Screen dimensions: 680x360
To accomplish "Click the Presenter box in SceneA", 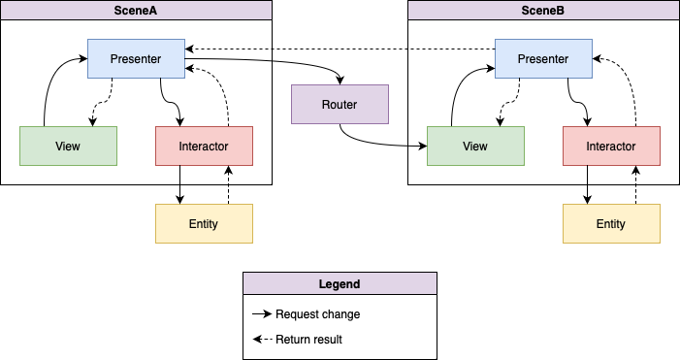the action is [x=136, y=59].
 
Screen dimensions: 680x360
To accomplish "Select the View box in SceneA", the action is [x=69, y=147].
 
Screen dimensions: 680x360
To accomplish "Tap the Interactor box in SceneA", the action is [x=205, y=147].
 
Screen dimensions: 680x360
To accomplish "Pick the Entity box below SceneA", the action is [x=205, y=224].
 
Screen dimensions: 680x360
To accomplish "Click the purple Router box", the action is [x=340, y=105].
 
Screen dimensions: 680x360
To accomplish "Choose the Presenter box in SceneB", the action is [x=544, y=59].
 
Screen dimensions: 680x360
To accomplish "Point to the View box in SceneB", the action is [x=475, y=147].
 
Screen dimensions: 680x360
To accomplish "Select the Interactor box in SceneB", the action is [x=611, y=147].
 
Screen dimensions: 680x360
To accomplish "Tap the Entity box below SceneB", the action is [x=611, y=224].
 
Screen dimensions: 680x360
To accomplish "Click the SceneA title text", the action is [x=135, y=11].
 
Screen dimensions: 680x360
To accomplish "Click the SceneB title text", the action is [x=543, y=11].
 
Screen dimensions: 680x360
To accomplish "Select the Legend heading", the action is [x=340, y=284].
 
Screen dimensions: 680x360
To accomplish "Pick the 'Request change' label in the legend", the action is [x=318, y=314].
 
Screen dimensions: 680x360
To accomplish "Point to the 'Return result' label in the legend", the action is [x=308, y=340].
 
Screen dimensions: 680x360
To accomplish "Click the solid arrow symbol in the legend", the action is [x=262, y=313].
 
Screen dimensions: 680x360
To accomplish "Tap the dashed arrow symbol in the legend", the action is [x=262, y=340].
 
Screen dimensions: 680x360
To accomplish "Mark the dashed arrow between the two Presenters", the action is [x=340, y=49].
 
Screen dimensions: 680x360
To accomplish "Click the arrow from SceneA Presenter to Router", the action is [x=277, y=60].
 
